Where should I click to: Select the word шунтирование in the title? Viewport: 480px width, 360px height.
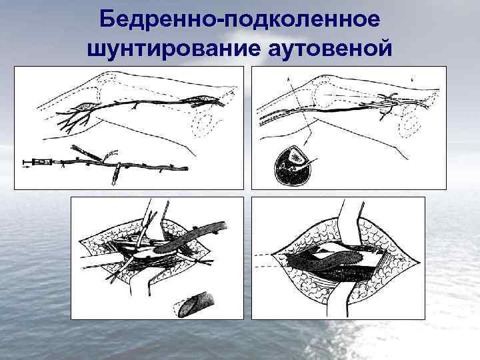pos(174,49)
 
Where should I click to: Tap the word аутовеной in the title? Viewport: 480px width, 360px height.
pos(330,49)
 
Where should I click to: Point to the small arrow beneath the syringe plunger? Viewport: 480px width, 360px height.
pos(26,167)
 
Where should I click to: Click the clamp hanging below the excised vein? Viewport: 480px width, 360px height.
pos(116,175)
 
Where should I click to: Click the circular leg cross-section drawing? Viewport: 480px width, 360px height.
pos(292,165)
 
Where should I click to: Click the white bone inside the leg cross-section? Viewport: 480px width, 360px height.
pos(296,157)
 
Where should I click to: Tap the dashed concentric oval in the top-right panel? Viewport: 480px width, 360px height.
pos(409,123)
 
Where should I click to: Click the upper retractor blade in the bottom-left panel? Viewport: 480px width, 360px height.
pos(155,218)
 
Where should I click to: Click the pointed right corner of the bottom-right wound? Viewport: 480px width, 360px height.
pos(419,262)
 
